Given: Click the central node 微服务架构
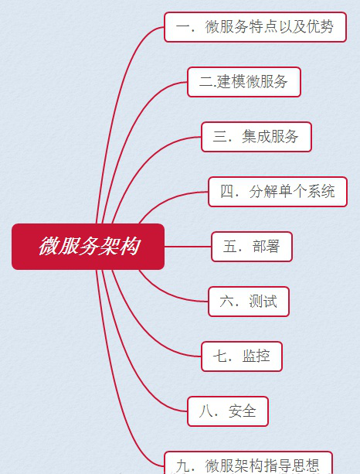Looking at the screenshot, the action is coord(88,247).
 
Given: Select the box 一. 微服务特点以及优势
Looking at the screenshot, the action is coord(255,27).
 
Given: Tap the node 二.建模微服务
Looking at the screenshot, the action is coord(244,82).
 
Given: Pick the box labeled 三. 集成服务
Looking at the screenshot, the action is coord(256,137).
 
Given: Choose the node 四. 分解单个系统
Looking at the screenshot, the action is coord(277,192).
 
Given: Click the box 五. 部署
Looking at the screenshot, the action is coord(252,247).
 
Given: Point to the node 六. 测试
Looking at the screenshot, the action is coord(249,302).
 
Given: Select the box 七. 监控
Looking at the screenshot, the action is coord(242,356).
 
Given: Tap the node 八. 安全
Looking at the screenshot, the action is coord(228,411).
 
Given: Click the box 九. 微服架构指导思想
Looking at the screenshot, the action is coord(248,463).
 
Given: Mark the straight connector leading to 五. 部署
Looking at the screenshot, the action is coord(188,247).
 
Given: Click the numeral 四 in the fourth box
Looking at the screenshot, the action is coord(227,191).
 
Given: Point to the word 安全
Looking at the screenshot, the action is coord(243,411).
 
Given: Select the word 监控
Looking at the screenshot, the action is coord(256,356).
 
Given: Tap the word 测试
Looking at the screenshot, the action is coord(263,301).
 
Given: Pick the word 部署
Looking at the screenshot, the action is coord(266,247).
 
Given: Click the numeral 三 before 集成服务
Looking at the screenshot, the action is coord(219,136).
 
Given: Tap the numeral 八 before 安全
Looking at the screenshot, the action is coord(205,411).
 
